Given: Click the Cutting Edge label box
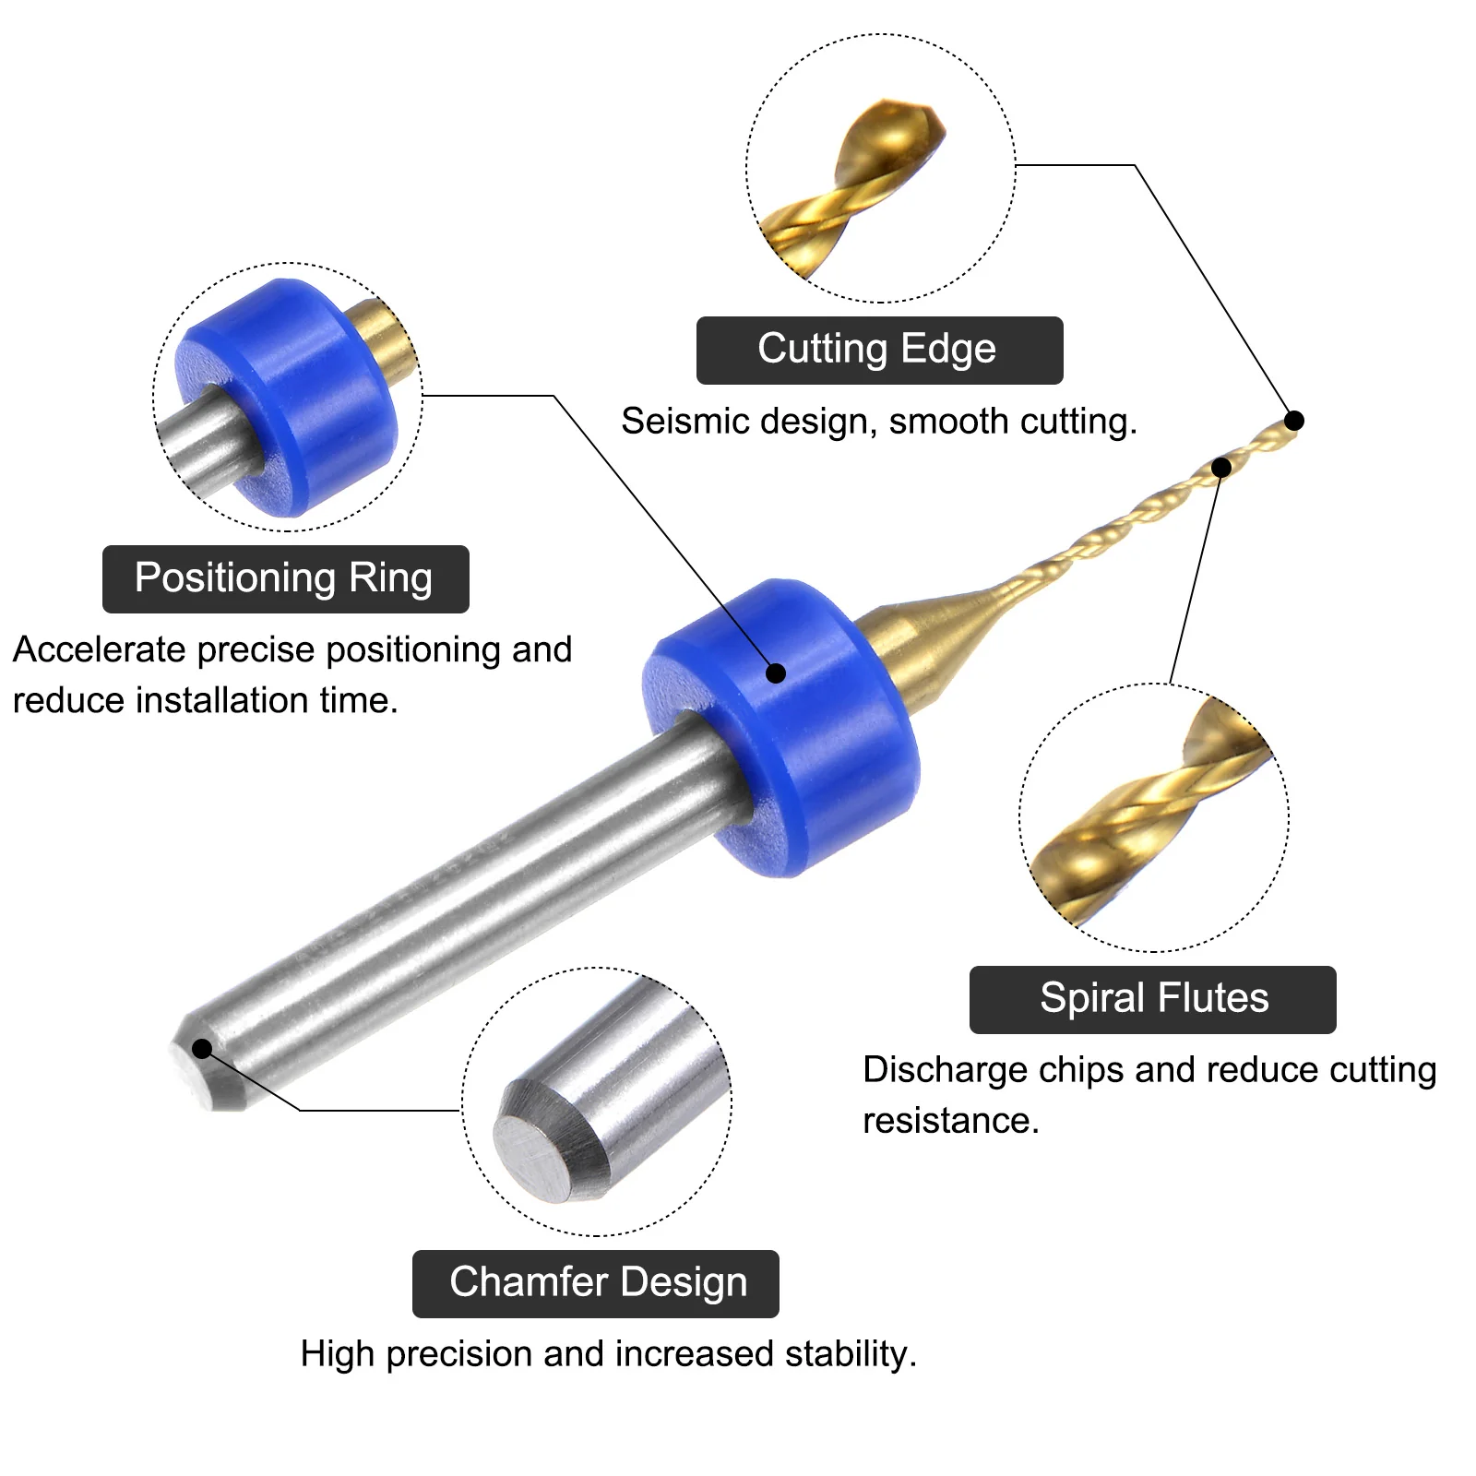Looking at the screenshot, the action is pos(879,351).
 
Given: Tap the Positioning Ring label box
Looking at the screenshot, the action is pos(285,579).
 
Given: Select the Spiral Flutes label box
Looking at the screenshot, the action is pos(1152,1000).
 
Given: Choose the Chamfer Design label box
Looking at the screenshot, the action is pos(595,1284).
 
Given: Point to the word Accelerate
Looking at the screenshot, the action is pos(100,649).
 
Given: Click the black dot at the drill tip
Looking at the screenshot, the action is pos(1294,421).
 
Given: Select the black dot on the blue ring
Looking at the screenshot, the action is pos(776,673).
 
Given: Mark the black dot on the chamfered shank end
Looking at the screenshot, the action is pos(202,1049).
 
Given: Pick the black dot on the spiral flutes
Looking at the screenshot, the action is pos(1221,468).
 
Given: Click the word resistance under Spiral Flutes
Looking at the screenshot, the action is pos(950,1121).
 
